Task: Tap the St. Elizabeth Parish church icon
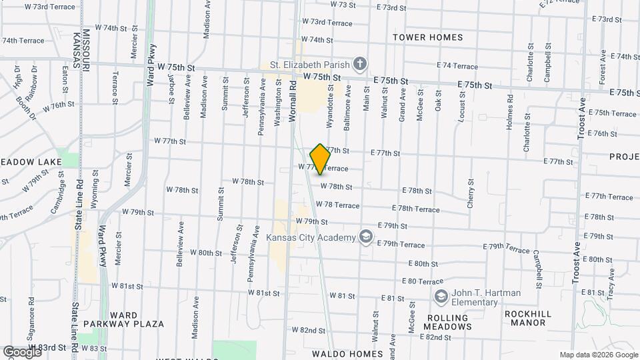tap(360, 64)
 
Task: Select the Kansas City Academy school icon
tap(365, 237)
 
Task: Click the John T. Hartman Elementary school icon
tap(440, 296)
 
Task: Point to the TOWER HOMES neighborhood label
tap(427, 37)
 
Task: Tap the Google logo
tap(21, 351)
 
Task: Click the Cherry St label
tap(471, 193)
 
